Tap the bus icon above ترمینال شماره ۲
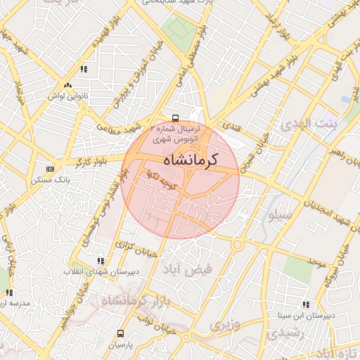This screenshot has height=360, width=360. click(x=175, y=119)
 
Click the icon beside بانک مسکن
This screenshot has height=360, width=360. click(x=49, y=169)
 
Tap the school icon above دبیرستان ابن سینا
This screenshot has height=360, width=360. click(x=306, y=304)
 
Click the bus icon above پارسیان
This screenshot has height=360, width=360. click(x=120, y=333)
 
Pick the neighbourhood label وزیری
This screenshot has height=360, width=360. click(x=224, y=325)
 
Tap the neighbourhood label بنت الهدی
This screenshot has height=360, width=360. click(x=308, y=124)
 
